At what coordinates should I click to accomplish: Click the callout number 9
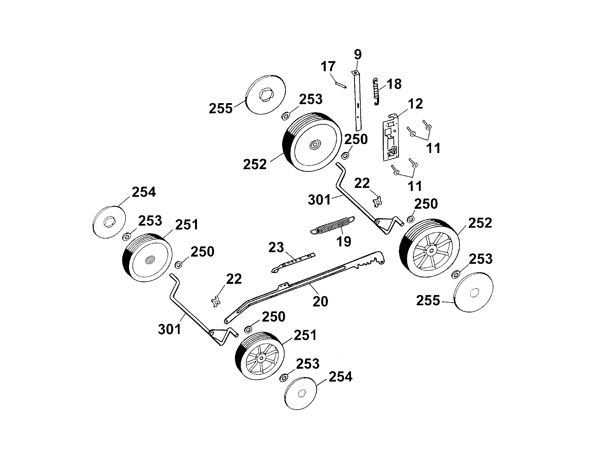tap(357, 54)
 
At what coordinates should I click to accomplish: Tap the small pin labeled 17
tap(341, 84)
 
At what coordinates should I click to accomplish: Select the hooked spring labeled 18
tap(377, 92)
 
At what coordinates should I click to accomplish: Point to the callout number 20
tap(320, 301)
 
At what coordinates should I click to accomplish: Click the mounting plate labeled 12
tap(391, 138)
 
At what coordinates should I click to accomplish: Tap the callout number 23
tap(276, 247)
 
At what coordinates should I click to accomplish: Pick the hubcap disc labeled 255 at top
tap(265, 94)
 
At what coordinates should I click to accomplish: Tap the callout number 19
tap(344, 241)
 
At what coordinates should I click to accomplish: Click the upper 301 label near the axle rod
tap(319, 200)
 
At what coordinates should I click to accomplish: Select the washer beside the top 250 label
tap(346, 156)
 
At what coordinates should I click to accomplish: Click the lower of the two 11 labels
tap(415, 186)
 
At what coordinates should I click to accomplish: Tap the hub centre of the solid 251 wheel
tap(149, 260)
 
